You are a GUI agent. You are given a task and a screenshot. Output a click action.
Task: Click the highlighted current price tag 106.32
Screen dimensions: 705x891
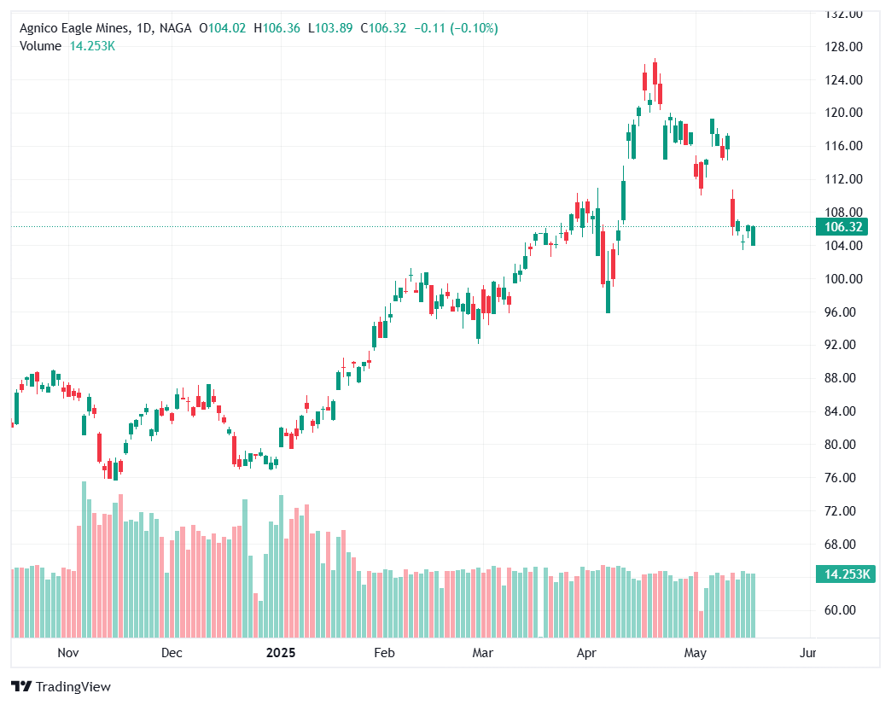click(x=841, y=227)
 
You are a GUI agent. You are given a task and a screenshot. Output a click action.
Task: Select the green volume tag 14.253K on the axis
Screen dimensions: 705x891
click(x=842, y=574)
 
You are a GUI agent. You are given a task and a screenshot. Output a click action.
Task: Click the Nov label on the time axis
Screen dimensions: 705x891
click(x=67, y=654)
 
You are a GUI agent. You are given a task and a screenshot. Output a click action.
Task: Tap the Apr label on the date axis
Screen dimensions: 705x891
click(x=586, y=654)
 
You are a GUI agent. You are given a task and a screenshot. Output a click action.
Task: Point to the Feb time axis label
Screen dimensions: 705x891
click(x=384, y=654)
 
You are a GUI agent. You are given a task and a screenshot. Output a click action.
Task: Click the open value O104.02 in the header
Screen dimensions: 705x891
click(x=222, y=28)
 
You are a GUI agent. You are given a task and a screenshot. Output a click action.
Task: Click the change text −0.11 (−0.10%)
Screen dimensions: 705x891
click(x=456, y=28)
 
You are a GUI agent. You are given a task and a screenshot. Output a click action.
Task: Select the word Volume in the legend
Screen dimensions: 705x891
click(x=40, y=46)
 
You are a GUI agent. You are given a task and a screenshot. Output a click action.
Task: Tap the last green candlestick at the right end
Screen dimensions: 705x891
click(x=753, y=235)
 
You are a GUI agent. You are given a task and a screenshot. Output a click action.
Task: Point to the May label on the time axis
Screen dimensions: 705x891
click(x=696, y=654)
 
